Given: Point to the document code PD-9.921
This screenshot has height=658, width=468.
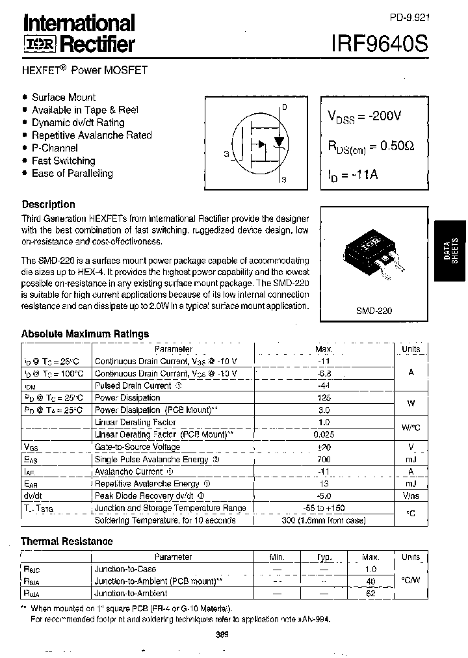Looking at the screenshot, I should (x=410, y=18).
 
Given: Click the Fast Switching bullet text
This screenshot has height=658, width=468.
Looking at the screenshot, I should (x=63, y=161).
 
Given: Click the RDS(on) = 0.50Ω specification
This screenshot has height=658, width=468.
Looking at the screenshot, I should (x=370, y=146).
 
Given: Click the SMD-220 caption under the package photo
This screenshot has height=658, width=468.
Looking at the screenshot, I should (x=374, y=311).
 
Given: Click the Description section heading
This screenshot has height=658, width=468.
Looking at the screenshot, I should (x=48, y=204).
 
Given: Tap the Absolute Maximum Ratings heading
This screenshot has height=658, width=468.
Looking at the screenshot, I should (x=85, y=334).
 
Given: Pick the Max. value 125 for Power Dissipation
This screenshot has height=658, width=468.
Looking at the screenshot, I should (x=323, y=397).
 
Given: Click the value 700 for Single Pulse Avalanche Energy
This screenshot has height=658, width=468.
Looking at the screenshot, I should (x=323, y=459).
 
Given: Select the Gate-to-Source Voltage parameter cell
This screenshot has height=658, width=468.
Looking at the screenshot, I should (x=138, y=447).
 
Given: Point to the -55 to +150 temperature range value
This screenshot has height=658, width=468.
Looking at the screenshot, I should (x=323, y=508).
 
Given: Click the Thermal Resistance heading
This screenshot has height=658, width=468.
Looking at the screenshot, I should (x=67, y=541).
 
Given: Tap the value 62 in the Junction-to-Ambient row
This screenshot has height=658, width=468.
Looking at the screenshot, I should (x=371, y=593).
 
